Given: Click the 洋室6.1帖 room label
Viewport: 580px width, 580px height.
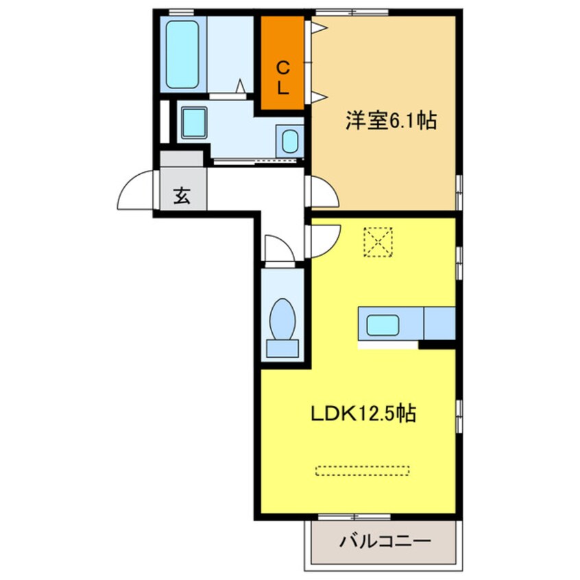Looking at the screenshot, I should pyautogui.click(x=391, y=121).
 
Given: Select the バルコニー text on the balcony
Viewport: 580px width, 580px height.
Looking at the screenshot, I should pyautogui.click(x=385, y=541).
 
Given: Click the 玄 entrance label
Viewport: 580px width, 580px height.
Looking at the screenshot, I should pyautogui.click(x=181, y=196).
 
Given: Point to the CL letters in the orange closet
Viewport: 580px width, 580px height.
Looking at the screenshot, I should pyautogui.click(x=282, y=77).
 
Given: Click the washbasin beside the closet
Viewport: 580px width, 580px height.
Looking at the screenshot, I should pyautogui.click(x=290, y=142).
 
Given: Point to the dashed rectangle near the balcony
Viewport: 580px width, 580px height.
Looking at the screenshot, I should pyautogui.click(x=362, y=470).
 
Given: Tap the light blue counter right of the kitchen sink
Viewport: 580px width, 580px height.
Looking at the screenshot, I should pyautogui.click(x=439, y=324).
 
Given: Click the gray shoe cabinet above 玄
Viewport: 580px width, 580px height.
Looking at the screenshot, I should pyautogui.click(x=182, y=158).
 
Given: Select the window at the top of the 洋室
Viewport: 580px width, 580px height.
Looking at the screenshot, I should pyautogui.click(x=352, y=12).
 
